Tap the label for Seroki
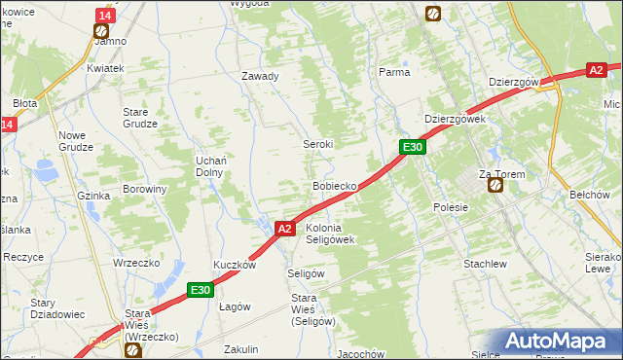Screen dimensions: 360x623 [x=319, y=143]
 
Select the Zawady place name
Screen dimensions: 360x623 [x=261, y=76]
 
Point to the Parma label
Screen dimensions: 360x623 [x=394, y=72]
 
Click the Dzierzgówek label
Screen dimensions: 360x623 [x=455, y=119]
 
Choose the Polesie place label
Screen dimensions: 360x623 [x=451, y=207]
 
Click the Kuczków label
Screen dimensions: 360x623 [x=235, y=265]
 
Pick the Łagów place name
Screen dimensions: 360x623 [x=235, y=306]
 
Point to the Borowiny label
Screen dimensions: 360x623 [x=144, y=189]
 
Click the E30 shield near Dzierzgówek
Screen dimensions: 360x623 [x=413, y=147]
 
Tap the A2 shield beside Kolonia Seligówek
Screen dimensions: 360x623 [x=284, y=229]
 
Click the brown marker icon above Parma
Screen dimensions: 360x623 [x=433, y=14]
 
